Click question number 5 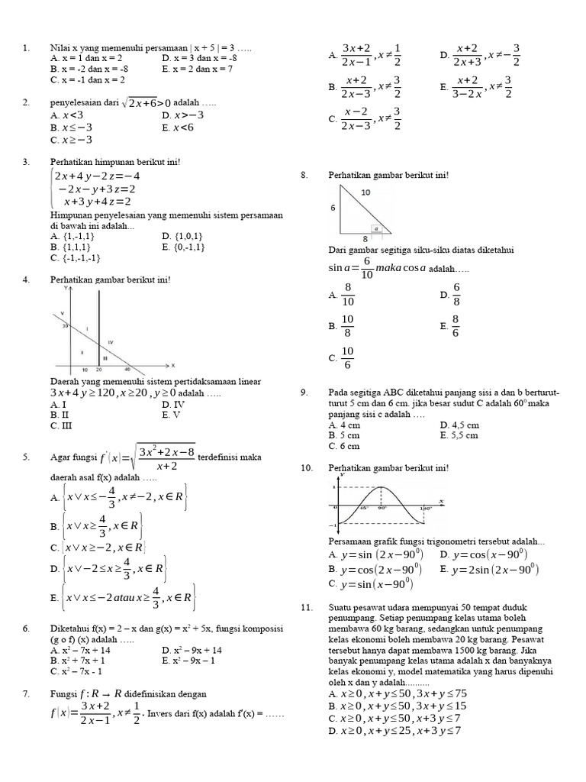click(x=26, y=457)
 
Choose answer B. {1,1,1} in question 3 click(x=71, y=247)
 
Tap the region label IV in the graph click(x=111, y=341)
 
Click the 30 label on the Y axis click(x=66, y=326)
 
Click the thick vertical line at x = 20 click(x=99, y=328)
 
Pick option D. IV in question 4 click(x=173, y=404)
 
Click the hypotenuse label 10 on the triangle click(x=365, y=192)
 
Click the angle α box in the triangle click(x=375, y=228)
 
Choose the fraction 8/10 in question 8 click(x=349, y=295)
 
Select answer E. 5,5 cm click(x=459, y=435)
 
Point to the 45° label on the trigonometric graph click(x=364, y=507)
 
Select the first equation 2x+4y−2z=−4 click(x=98, y=176)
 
